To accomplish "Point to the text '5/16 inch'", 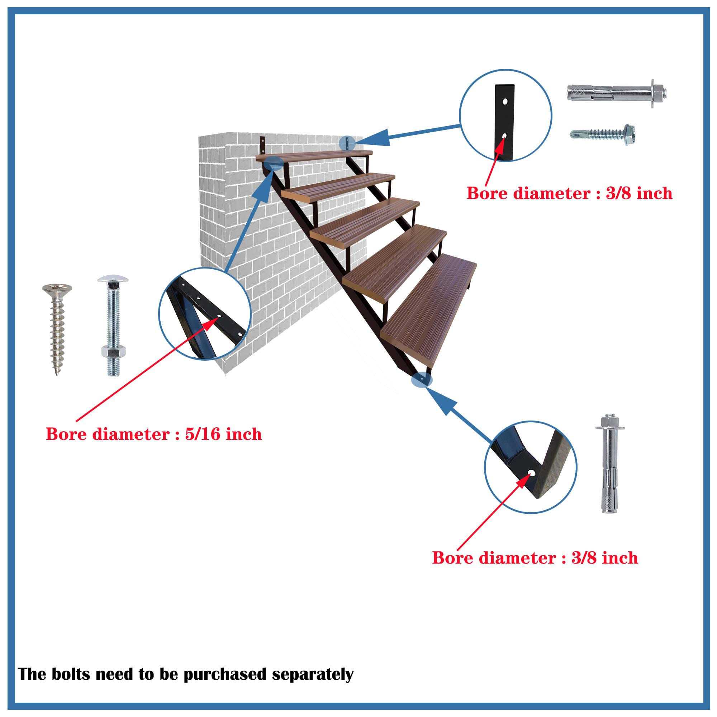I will pyautogui.click(x=223, y=434).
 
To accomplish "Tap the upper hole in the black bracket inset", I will pyautogui.click(x=505, y=101).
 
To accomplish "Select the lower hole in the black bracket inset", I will pyautogui.click(x=504, y=136).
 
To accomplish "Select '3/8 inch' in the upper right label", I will pyautogui.click(x=638, y=194).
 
